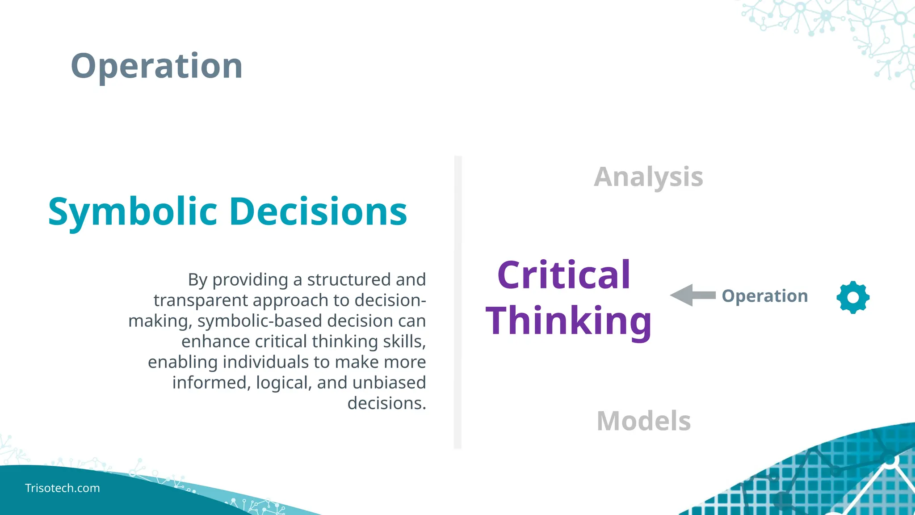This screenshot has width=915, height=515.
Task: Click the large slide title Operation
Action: click(156, 66)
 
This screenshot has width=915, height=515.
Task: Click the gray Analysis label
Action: click(648, 177)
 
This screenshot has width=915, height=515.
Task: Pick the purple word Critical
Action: click(563, 275)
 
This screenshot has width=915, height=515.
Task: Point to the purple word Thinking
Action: click(568, 321)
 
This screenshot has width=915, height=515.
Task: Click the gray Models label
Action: click(644, 421)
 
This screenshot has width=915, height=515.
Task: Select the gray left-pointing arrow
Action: click(692, 295)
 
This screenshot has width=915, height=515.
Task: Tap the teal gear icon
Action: click(853, 297)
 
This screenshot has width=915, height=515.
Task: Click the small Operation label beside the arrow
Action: click(765, 296)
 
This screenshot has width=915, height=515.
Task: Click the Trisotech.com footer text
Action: click(63, 488)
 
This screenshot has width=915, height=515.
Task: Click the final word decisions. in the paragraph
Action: click(386, 403)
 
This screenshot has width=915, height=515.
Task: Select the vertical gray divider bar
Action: click(457, 302)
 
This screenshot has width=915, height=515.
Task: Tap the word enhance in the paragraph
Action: click(216, 342)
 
